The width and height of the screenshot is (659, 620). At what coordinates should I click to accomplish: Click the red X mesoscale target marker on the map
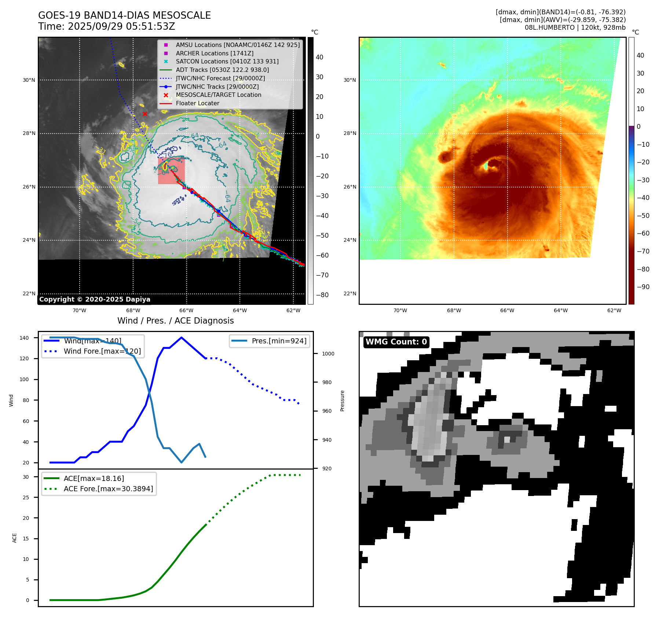pos(145,114)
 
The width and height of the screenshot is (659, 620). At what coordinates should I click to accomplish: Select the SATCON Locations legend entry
pos(227,61)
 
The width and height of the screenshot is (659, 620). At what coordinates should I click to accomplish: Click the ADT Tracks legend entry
pos(222,70)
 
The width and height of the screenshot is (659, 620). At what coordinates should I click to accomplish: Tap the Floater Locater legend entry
pos(197,103)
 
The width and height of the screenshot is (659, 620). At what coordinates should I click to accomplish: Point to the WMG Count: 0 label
pos(396,342)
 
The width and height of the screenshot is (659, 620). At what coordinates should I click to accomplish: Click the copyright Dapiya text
pos(95,299)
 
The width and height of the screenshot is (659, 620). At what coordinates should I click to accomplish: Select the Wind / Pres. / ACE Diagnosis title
pos(175,321)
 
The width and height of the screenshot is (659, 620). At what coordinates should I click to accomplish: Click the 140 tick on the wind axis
pos(24,338)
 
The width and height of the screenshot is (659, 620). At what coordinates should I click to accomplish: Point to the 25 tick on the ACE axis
pos(26,497)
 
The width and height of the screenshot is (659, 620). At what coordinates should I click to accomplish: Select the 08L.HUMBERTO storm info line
pos(575,28)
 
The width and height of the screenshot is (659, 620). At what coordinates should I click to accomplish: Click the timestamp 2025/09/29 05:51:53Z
pos(121,27)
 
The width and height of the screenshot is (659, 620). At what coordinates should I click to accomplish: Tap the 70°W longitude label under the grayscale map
pos(79,310)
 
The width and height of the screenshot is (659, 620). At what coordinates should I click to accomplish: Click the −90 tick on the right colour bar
pos(643,287)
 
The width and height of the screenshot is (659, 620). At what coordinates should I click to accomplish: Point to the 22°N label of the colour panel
pos(349,293)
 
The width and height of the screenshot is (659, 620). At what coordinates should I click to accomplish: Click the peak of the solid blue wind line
pos(182,338)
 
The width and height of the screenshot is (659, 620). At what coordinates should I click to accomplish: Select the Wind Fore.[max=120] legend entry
pos(102,351)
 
